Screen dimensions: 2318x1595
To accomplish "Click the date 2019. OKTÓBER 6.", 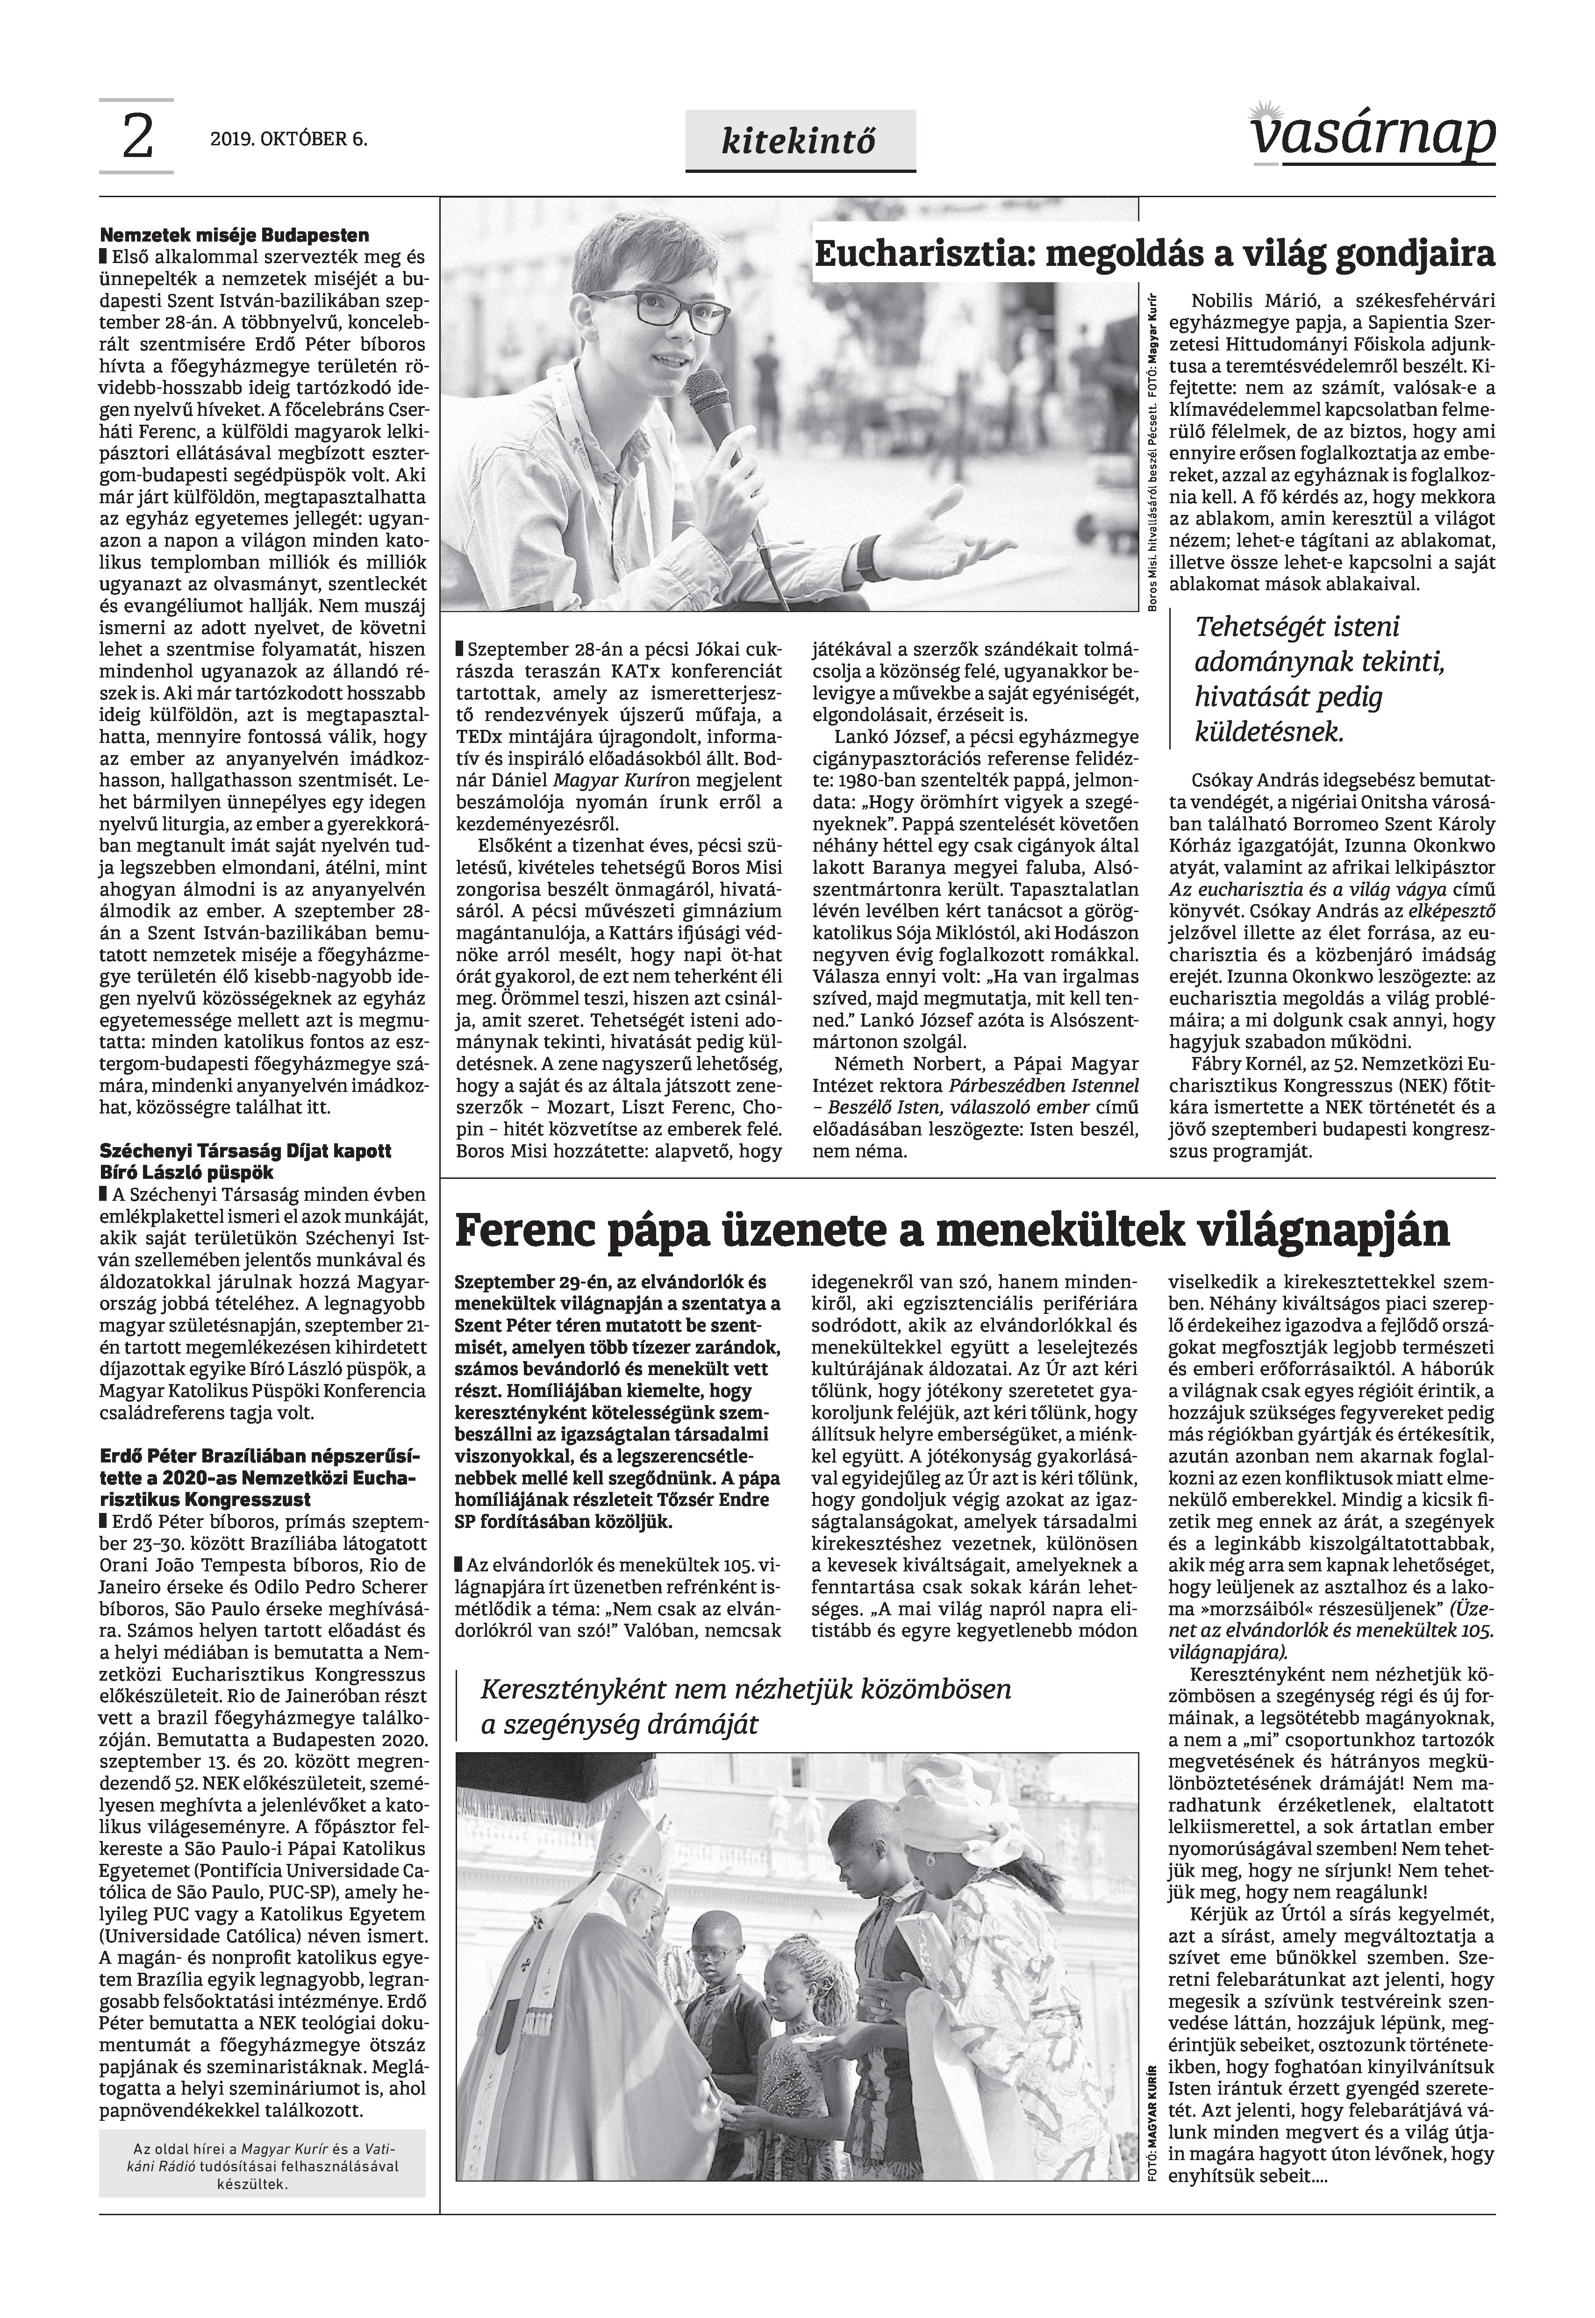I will pyautogui.click(x=289, y=140).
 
